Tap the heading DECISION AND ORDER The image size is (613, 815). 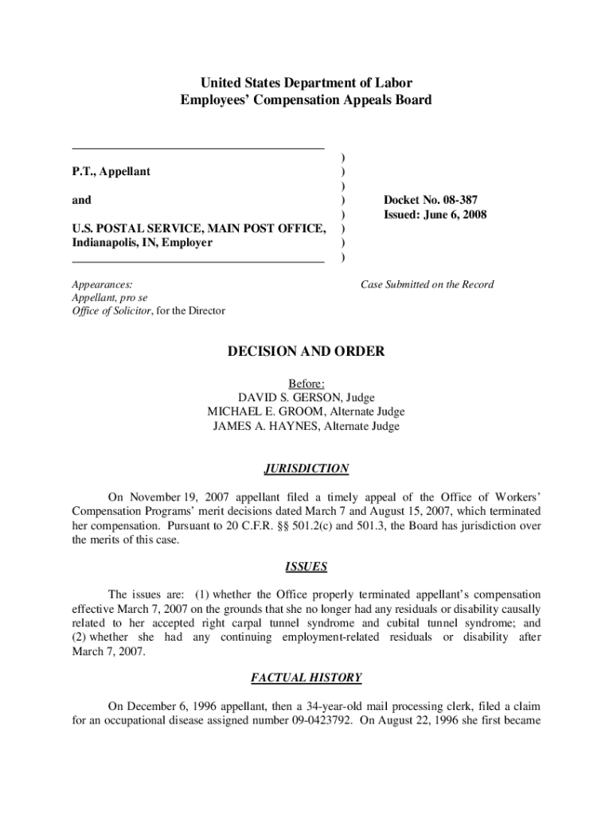click(x=306, y=351)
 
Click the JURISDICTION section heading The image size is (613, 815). click(x=306, y=469)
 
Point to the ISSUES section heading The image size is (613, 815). click(x=306, y=567)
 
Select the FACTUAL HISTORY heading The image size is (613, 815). click(x=306, y=678)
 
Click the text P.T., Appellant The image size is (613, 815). click(x=111, y=171)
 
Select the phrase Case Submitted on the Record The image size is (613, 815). click(x=427, y=284)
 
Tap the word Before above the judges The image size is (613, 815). click(x=306, y=383)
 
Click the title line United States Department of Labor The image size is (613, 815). click(x=306, y=82)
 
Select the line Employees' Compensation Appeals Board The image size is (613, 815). click(x=306, y=99)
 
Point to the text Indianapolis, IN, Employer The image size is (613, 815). click(x=143, y=243)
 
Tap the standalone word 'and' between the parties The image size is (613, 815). click(x=82, y=200)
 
